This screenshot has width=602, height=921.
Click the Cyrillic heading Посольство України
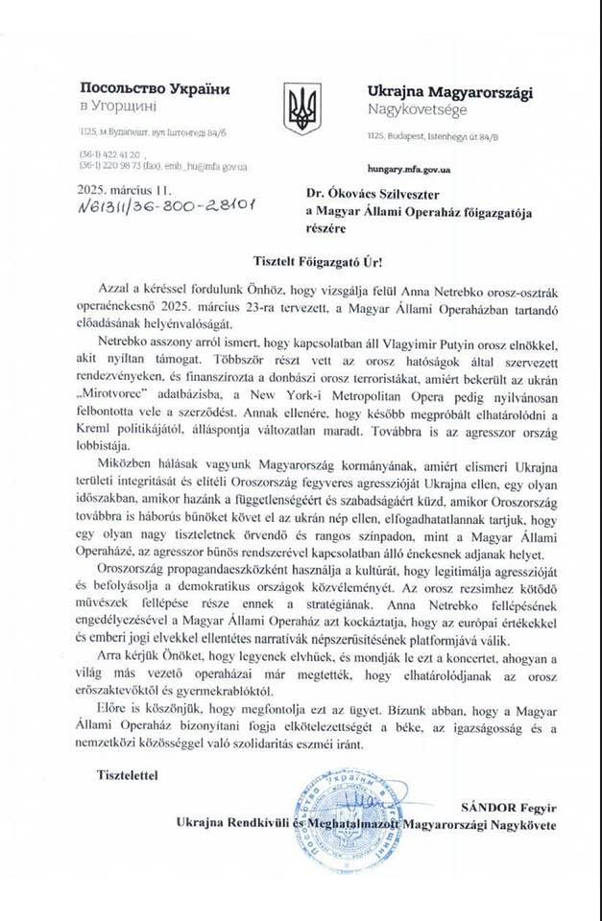click(x=155, y=89)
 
